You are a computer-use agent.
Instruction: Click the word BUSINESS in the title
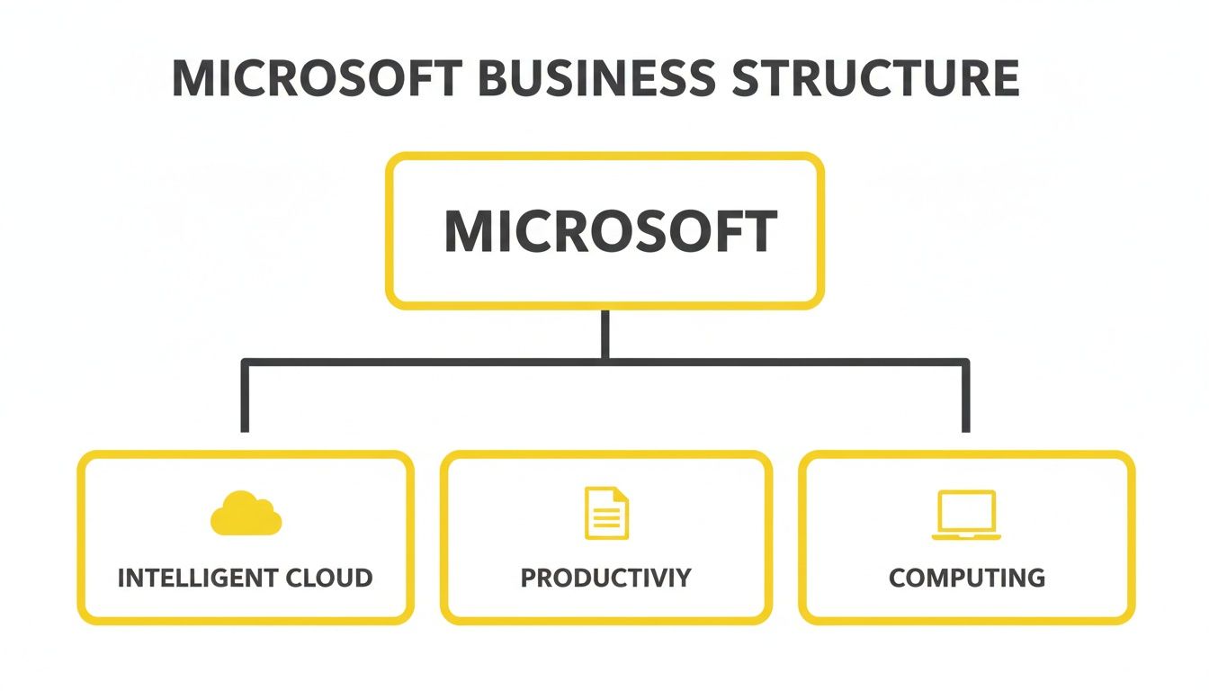tap(596, 79)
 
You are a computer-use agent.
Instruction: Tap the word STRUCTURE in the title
tap(875, 79)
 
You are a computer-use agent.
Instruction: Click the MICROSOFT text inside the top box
tap(609, 232)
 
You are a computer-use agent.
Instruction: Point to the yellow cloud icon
tap(246, 515)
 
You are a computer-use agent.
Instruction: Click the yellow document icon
tap(606, 513)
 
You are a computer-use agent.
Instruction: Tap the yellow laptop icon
tap(966, 515)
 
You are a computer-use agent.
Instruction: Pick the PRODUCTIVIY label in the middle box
tap(606, 578)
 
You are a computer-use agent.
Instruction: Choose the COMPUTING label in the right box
tap(967, 578)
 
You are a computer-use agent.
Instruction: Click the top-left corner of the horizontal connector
tap(244, 363)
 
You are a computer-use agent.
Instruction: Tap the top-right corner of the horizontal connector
tap(966, 363)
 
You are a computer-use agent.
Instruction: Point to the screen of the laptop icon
tap(966, 511)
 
